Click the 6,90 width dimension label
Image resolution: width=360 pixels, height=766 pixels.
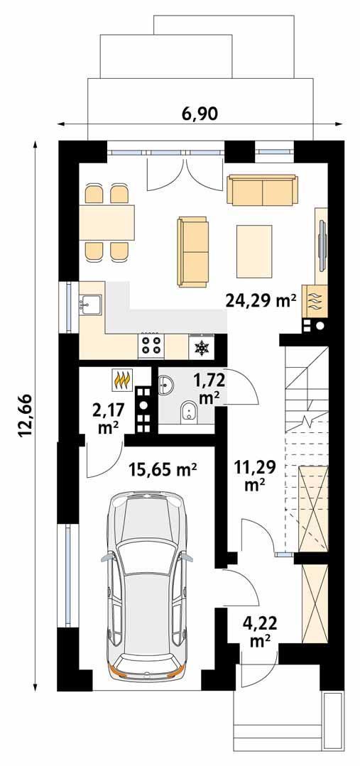click(x=200, y=114)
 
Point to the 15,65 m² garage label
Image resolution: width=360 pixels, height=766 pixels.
click(x=163, y=469)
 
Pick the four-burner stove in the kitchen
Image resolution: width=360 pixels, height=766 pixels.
click(x=151, y=346)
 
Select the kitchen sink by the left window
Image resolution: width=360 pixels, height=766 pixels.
click(x=92, y=305)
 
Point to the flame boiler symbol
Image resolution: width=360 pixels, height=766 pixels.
click(x=121, y=381)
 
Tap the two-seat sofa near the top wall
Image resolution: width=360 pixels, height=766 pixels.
click(x=261, y=190)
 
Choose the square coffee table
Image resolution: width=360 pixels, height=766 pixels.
click(x=254, y=251)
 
